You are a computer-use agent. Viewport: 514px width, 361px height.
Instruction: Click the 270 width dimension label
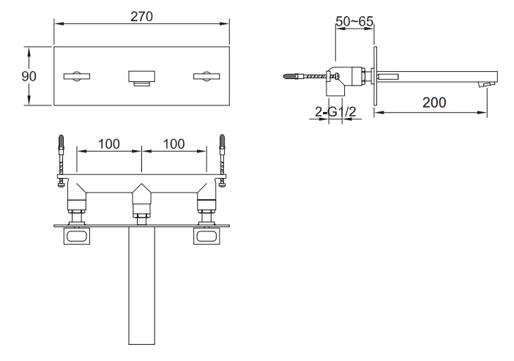pyautogui.click(x=141, y=16)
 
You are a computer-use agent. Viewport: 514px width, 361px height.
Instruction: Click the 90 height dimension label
pyautogui.click(x=29, y=76)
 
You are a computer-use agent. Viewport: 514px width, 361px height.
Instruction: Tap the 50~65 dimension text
pyautogui.click(x=354, y=21)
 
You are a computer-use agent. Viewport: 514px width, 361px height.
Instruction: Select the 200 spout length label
pyautogui.click(x=434, y=103)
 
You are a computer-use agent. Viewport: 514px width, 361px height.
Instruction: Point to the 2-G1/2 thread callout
pyautogui.click(x=335, y=112)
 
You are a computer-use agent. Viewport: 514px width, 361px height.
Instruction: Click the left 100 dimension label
pyautogui.click(x=109, y=144)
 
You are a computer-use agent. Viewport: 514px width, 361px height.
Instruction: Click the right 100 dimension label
pyautogui.click(x=174, y=144)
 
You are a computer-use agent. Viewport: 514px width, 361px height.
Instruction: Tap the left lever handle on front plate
pyautogui.click(x=77, y=76)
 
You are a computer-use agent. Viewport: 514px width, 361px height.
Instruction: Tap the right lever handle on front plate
pyautogui.click(x=206, y=76)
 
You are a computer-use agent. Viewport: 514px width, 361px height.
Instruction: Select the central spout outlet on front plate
pyautogui.click(x=141, y=78)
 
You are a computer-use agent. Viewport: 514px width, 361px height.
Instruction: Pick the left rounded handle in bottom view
pyautogui.click(x=77, y=236)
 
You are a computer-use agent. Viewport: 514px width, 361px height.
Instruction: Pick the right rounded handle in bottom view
pyautogui.click(x=206, y=236)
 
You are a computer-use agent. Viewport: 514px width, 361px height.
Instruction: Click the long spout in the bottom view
pyautogui.click(x=141, y=286)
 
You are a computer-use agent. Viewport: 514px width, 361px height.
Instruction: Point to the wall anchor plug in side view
pyautogui.click(x=291, y=76)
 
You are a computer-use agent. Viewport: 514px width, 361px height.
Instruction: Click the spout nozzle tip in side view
pyautogui.click(x=486, y=85)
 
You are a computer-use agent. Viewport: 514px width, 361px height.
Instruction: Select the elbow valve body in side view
pyautogui.click(x=337, y=81)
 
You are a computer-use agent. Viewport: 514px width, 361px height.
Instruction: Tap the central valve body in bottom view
pyautogui.click(x=141, y=201)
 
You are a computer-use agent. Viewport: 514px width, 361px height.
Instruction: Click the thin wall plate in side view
pyautogui.click(x=375, y=76)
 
